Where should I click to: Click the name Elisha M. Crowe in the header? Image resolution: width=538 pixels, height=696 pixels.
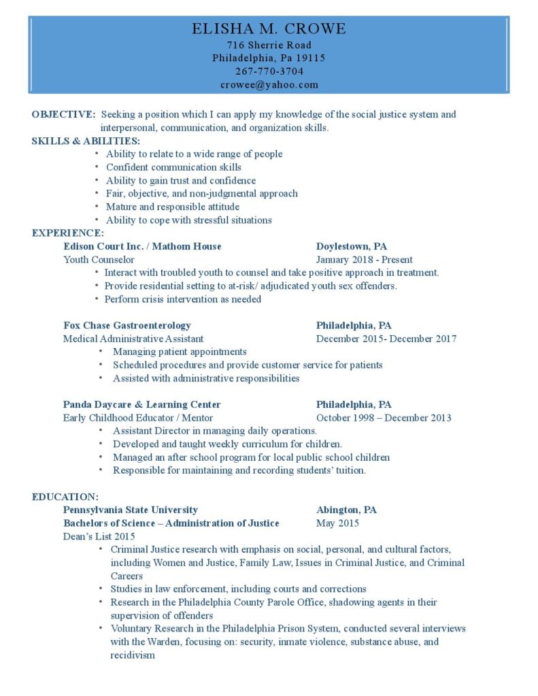coord(269,29)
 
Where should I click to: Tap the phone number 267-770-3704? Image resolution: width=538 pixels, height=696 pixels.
coord(269,71)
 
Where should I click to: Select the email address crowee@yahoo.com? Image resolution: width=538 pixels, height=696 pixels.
coord(269,85)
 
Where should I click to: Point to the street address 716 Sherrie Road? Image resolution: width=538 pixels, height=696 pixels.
coord(269,45)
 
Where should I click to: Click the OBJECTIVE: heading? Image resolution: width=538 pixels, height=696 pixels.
coord(63,114)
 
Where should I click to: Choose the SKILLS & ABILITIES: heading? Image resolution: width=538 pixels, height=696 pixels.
coord(86,141)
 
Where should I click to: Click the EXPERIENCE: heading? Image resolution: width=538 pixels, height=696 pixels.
coord(67,233)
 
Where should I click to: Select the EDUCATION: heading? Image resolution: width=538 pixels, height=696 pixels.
coord(65,497)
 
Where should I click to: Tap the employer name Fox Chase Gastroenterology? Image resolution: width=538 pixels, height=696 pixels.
coord(127,326)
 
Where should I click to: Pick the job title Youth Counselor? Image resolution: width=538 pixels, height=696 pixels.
coord(99,260)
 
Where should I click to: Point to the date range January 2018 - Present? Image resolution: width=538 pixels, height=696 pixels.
coord(364,260)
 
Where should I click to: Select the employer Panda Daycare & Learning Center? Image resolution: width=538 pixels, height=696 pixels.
coord(141,404)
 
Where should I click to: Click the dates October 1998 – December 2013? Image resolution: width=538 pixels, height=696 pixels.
coord(384,418)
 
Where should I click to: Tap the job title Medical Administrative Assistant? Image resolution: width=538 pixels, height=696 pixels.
coord(133,338)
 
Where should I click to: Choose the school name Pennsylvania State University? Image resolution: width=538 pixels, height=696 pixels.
coord(131,510)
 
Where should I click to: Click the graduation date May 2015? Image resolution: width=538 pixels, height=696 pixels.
coord(337,523)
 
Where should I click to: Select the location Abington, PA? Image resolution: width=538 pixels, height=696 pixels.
coord(346,510)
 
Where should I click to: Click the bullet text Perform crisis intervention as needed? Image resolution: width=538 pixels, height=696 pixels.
coord(182,299)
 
